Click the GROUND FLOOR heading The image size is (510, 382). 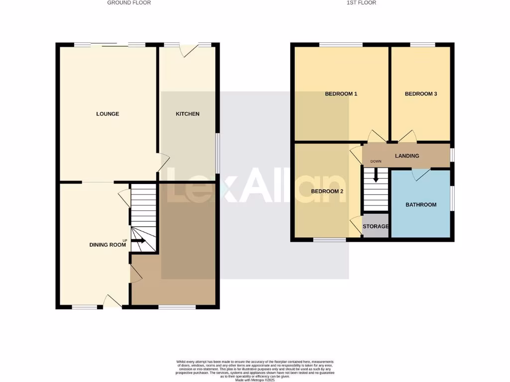tap(129, 2)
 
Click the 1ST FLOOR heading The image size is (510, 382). tap(361, 2)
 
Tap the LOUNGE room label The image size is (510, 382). tap(108, 114)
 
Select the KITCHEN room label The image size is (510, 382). tap(187, 114)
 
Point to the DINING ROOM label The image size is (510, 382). tap(107, 245)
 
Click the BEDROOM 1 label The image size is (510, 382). tap(341, 94)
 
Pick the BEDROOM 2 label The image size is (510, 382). tap(327, 191)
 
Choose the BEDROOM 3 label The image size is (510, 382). tap(421, 94)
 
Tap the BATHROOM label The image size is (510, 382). tap(421, 204)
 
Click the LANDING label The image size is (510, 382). tap(407, 156)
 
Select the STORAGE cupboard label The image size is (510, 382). tap(376, 227)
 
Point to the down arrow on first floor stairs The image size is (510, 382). tap(376, 175)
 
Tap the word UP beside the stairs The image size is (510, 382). tap(125, 241)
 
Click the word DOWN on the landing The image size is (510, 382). tap(376, 161)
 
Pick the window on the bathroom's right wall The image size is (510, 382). tap(452, 198)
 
